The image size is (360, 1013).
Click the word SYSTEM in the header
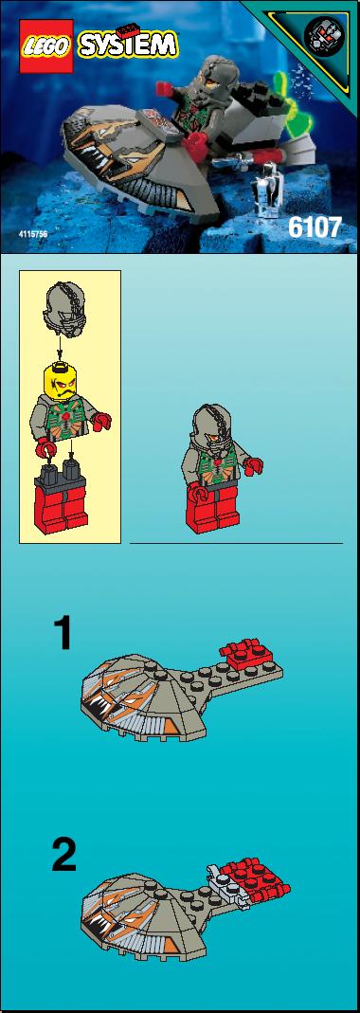128,45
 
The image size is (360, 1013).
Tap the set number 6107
315,228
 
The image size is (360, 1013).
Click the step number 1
63,634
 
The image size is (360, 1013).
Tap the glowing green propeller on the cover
287,109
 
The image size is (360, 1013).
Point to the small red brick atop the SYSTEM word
131,27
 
